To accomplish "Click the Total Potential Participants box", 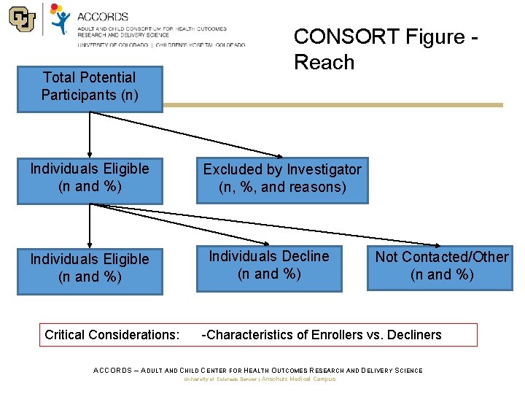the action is pyautogui.click(x=90, y=86).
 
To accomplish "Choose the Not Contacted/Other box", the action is pyautogui.click(x=442, y=266).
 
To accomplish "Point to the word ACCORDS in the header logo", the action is pyautogui.click(x=102, y=16).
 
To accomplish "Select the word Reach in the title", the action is pyautogui.click(x=324, y=63).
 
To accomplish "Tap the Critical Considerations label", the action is pyautogui.click(x=112, y=335).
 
